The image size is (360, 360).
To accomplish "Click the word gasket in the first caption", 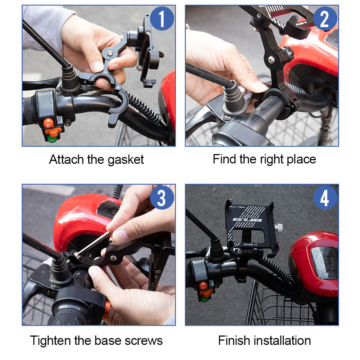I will tap(125, 159).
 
